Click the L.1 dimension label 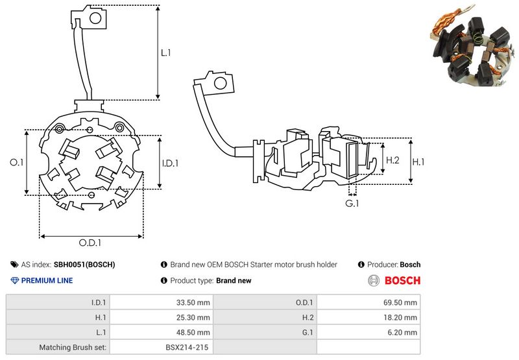coord(166,53)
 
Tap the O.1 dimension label coord(17,162)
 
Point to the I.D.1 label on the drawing coord(171,163)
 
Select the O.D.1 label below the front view coord(90,243)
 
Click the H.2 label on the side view coord(393,160)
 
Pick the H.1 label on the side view coord(418,162)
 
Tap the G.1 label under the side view coord(352,204)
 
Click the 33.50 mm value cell coord(162,302)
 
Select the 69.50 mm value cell coord(368,302)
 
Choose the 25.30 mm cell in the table coord(162,318)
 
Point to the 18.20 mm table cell coord(368,318)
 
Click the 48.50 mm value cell coord(162,333)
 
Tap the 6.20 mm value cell coord(368,333)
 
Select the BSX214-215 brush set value coord(187,348)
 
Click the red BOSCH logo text coord(402,281)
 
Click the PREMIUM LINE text coord(47,281)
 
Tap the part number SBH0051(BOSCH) coord(84,265)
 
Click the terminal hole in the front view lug coord(95,18)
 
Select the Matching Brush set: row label coord(73,348)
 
